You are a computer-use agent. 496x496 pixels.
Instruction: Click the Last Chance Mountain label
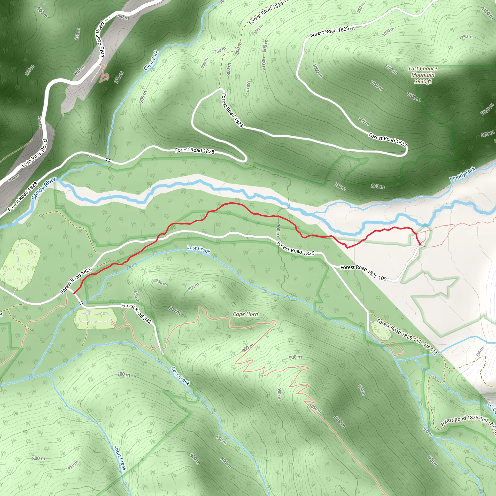click(423, 72)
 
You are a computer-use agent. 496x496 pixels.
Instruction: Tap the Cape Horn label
click(245, 314)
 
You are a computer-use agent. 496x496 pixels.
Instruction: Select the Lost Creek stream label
click(198, 249)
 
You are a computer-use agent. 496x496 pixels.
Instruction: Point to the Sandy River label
click(44, 188)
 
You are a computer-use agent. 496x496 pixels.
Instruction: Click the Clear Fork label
click(151, 60)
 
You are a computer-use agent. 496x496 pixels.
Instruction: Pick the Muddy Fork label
click(462, 174)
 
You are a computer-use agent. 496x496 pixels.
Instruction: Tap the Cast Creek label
click(180, 376)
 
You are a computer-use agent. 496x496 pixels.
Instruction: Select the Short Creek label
click(120, 458)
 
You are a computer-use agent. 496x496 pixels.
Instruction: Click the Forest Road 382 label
click(136, 313)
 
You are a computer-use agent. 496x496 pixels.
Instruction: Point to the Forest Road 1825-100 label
click(363, 273)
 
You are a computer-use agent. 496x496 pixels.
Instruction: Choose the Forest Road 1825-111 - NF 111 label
click(407, 337)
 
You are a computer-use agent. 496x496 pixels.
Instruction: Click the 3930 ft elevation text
click(423, 82)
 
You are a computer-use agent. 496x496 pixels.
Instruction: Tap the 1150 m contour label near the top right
click(466, 37)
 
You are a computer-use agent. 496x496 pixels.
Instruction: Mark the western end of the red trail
click(74, 293)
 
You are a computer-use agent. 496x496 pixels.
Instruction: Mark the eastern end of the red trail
click(420, 244)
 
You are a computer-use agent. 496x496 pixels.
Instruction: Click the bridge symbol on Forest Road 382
click(81, 304)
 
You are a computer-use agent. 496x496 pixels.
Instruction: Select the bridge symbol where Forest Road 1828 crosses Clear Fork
click(107, 160)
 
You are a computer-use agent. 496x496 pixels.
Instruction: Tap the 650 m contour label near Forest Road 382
click(136, 296)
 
